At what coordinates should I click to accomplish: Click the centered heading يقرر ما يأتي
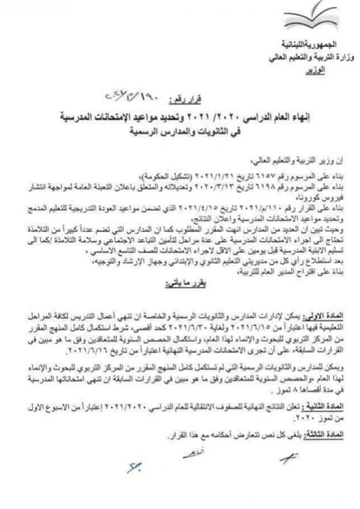[x=180, y=284]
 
